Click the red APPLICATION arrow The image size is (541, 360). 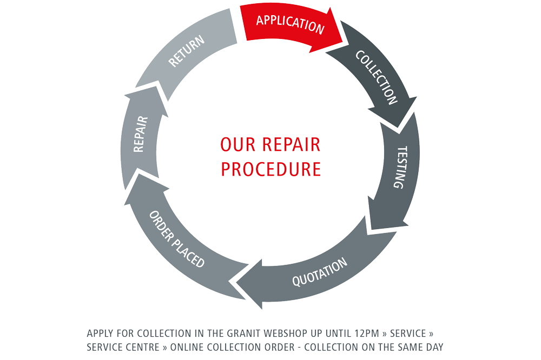point(289,24)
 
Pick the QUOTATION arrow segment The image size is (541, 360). point(319,273)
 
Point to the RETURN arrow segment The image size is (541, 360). point(187,51)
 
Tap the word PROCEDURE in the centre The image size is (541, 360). point(270,169)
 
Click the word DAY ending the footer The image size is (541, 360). point(434,346)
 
